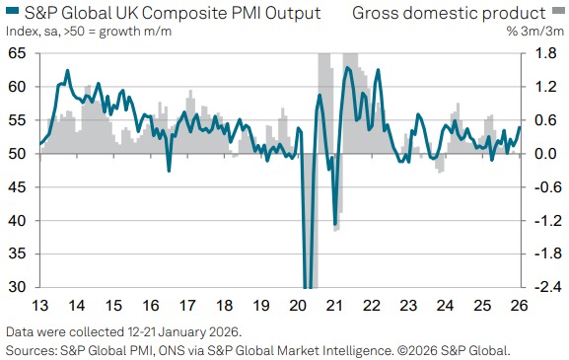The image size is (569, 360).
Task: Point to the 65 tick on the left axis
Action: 18,53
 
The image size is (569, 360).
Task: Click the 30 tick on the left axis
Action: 18,287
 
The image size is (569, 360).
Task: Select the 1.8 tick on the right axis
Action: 543,53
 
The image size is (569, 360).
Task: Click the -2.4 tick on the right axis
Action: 541,287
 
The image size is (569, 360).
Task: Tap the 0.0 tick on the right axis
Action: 543,154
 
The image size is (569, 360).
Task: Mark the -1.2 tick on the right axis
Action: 541,221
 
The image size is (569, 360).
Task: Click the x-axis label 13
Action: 40,306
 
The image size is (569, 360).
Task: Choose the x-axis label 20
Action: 299,306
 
